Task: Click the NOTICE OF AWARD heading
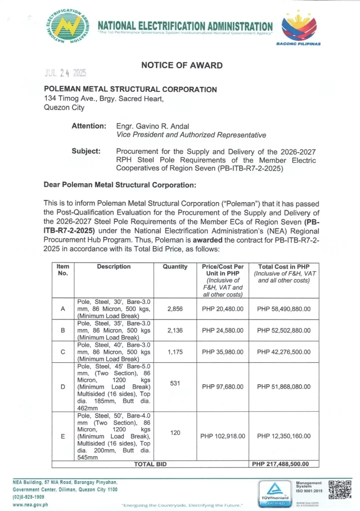[182, 65]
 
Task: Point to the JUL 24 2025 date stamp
[64, 73]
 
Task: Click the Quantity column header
[175, 267]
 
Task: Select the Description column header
[114, 267]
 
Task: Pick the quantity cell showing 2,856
[175, 309]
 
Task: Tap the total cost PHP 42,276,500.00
[284, 351]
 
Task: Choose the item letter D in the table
[63, 387]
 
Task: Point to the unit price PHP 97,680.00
[222, 387]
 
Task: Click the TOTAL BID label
[150, 464]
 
